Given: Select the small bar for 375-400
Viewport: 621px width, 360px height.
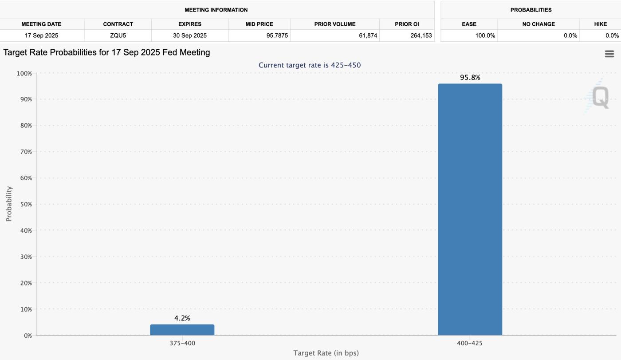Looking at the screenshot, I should tap(182, 330).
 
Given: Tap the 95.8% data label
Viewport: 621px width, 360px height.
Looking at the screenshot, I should tap(470, 78).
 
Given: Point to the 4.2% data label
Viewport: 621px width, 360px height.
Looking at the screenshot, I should tap(182, 318).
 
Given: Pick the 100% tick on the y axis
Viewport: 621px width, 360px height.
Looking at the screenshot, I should tap(24, 73).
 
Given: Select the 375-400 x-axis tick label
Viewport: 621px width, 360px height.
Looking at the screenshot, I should tap(182, 343).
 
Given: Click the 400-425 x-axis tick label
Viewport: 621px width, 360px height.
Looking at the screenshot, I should tap(470, 343).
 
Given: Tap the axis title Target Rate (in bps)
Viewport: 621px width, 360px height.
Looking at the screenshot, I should tap(326, 353).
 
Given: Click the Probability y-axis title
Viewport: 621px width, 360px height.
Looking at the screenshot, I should tap(9, 204).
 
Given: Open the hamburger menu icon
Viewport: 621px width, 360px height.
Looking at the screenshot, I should tap(609, 54).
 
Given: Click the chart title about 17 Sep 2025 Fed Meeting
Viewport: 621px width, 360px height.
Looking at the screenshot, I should tap(106, 52).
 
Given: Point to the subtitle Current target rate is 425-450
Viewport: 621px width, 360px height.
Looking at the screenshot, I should tap(310, 65).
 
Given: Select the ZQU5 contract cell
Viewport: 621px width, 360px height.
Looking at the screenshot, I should tap(118, 36).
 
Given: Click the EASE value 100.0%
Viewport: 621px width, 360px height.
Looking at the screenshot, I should tap(485, 36).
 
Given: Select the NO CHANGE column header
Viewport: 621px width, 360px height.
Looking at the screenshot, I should tap(538, 24).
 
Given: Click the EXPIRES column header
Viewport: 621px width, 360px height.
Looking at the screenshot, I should tap(190, 24).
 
